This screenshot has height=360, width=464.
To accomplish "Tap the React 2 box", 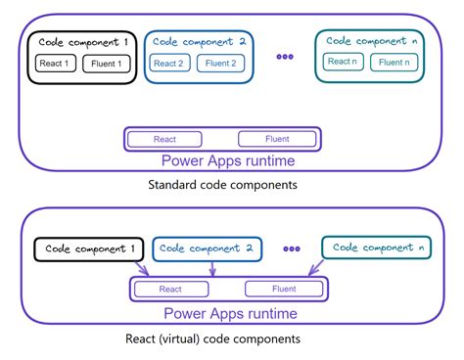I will (168, 64).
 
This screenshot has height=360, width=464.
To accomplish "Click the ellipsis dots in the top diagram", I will (285, 57).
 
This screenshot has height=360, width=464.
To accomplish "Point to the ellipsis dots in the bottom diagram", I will (291, 248).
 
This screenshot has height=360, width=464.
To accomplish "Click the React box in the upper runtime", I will (165, 139).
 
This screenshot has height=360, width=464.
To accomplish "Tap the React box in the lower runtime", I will (172, 289).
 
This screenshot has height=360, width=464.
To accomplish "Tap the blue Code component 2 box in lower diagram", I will (207, 248).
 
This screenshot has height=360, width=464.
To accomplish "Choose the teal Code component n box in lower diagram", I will (376, 248).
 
